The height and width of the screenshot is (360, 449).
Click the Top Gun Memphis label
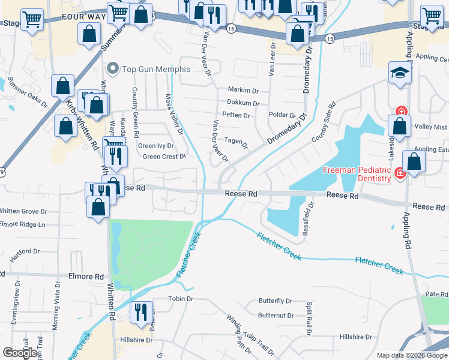[x=155, y=69]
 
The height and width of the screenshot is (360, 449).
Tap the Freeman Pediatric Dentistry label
[x=358, y=174]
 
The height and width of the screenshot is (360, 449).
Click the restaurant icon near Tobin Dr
[x=141, y=314]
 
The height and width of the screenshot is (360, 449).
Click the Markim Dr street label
[x=243, y=90]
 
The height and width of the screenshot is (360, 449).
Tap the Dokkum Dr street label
[x=243, y=103]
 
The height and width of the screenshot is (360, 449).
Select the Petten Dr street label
[x=236, y=115]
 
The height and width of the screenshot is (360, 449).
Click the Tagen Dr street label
[x=237, y=142]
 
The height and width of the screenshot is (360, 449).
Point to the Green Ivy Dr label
[x=156, y=146]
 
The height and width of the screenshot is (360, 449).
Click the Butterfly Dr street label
[x=275, y=301]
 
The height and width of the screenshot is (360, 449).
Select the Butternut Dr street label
[x=276, y=315]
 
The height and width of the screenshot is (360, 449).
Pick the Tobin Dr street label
[x=181, y=298]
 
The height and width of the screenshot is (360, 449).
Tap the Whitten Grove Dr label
[x=23, y=211]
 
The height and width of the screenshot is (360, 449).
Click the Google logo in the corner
[x=20, y=353]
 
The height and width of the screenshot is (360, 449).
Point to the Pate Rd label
[x=437, y=294]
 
